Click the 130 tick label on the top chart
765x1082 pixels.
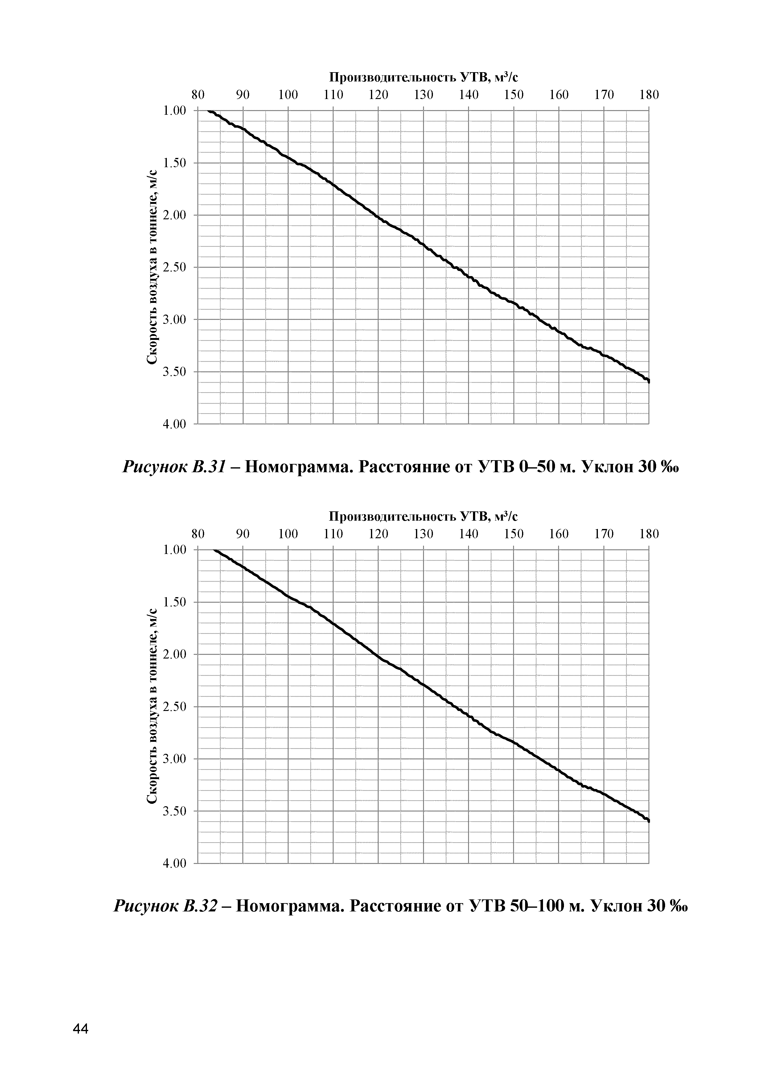(423, 95)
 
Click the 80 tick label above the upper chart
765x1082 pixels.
(198, 95)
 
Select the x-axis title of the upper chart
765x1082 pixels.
(423, 77)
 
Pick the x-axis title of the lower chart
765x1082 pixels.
(423, 517)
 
